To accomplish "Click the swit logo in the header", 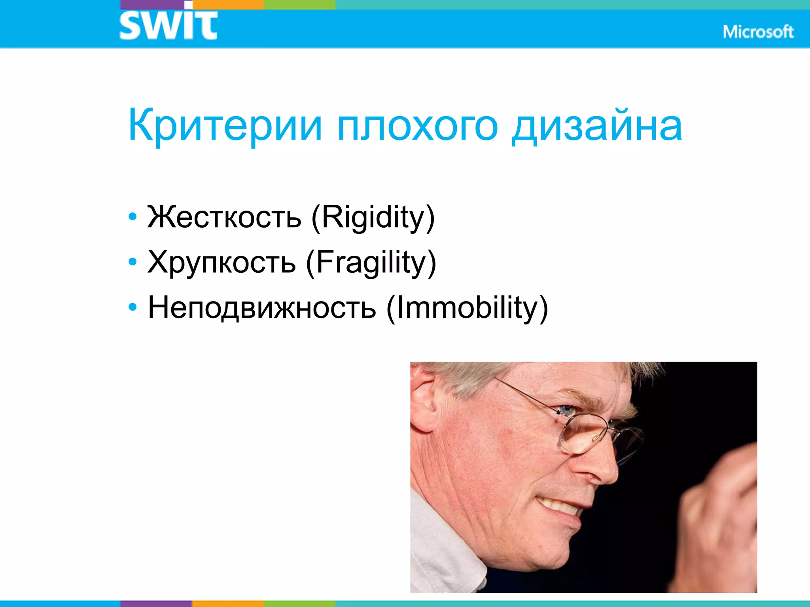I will pos(168,25).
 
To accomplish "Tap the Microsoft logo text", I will pos(758,32).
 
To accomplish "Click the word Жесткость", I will pos(224,217).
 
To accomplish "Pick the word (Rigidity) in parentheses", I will pos(373,217).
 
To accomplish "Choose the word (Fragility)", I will pos(371,262).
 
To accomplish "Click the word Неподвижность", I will pos(261,308).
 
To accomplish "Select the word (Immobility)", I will pos(467,308).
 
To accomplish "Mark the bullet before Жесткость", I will pos(132,217).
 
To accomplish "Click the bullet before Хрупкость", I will pos(132,262).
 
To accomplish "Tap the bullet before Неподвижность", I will pos(132,307).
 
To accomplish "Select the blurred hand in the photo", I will pos(716,510).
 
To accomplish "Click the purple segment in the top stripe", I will pos(156,4).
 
